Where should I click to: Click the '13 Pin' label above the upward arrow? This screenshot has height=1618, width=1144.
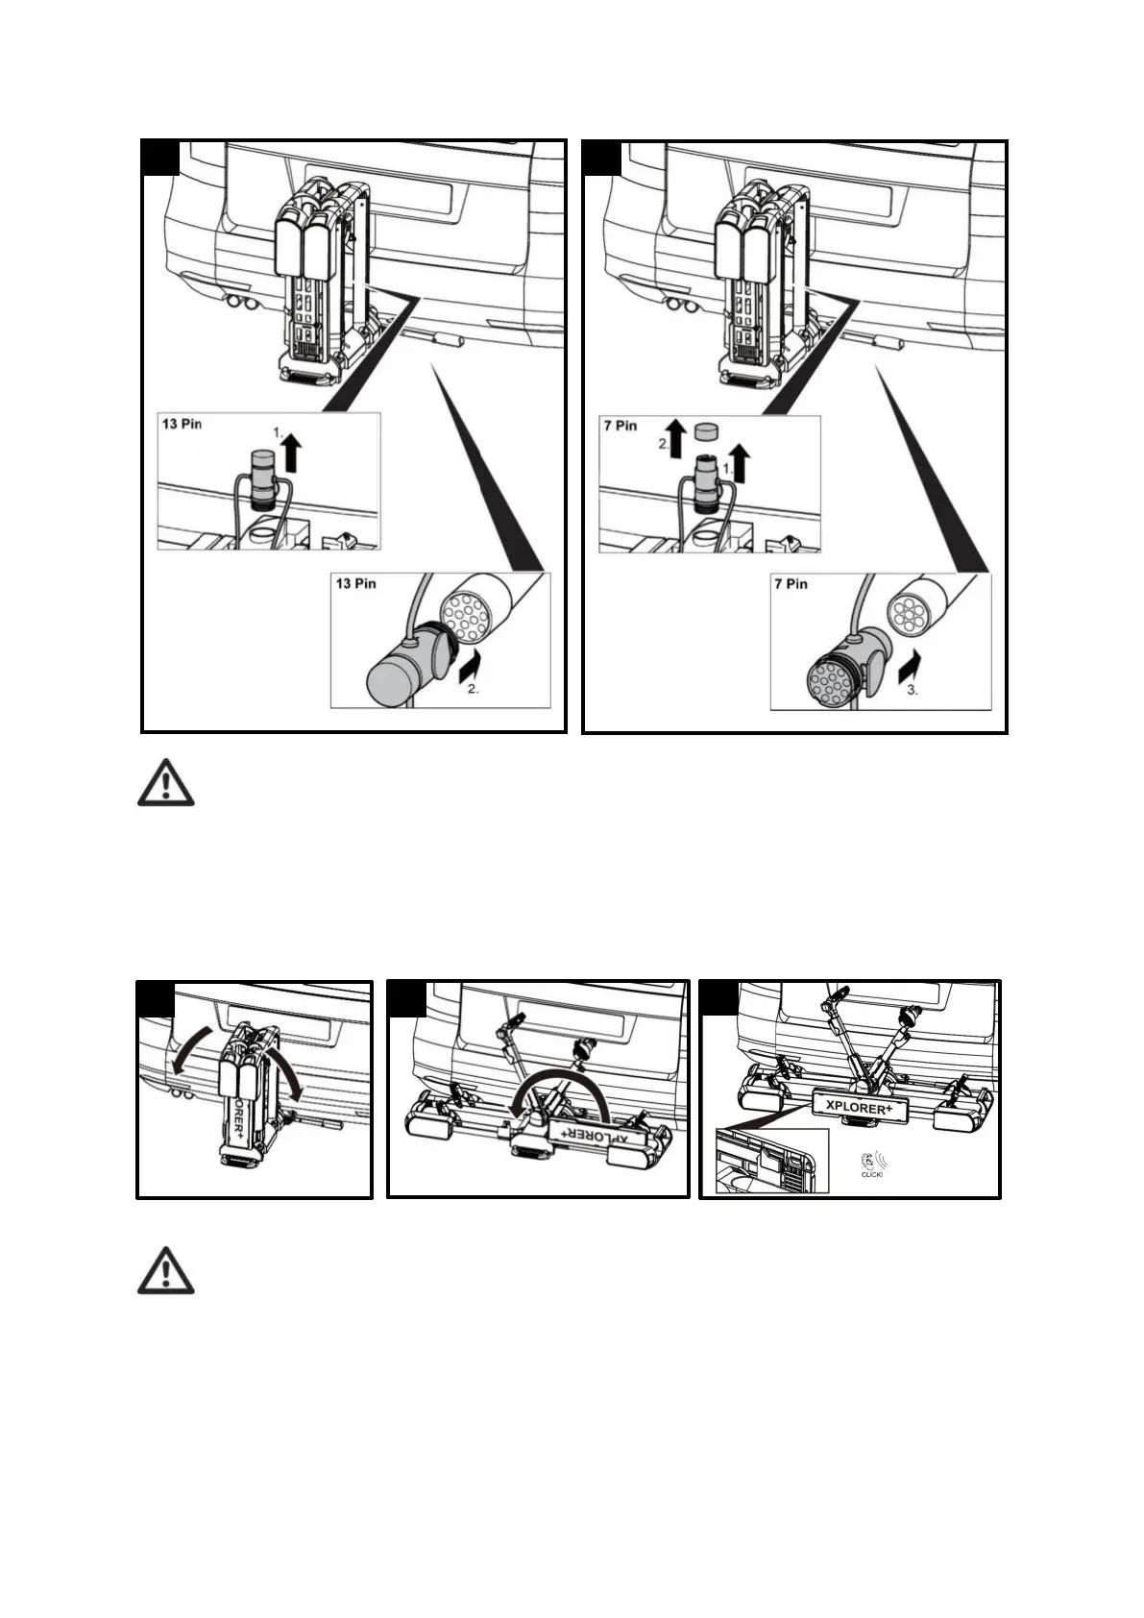tap(182, 424)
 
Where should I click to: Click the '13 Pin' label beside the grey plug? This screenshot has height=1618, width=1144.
tap(354, 583)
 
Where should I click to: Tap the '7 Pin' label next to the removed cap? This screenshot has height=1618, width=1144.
tap(620, 425)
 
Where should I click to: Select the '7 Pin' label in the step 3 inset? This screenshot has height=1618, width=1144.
tap(791, 583)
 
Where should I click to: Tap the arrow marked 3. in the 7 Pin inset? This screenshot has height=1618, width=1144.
tap(910, 664)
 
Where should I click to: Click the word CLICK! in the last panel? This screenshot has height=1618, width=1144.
tap(871, 1174)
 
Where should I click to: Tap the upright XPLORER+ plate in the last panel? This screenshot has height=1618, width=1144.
tap(860, 1105)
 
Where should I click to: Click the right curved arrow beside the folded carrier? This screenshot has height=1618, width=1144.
tap(290, 1061)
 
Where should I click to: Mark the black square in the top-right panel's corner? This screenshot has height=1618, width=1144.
tap(602, 158)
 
